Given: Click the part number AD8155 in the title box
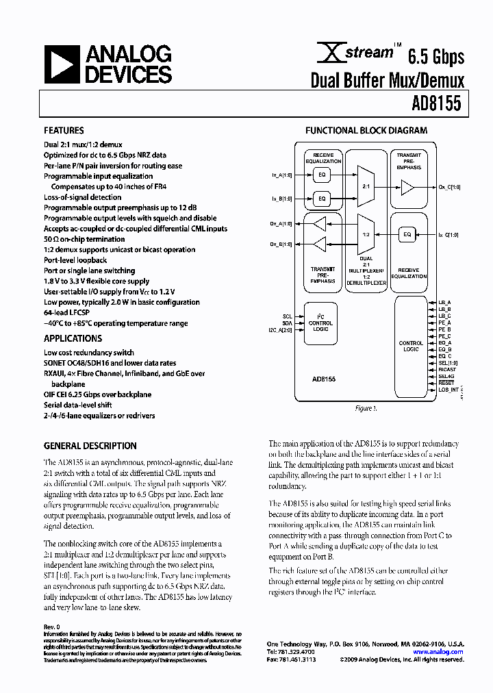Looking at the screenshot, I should (x=436, y=103).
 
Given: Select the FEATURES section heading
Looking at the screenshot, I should (x=64, y=130).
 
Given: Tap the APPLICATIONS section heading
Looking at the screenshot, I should (x=73, y=338).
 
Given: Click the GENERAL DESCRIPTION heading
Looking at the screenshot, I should (x=90, y=445).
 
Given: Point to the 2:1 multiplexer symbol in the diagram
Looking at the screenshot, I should (x=366, y=186).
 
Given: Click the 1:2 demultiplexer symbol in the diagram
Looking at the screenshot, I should (x=366, y=234).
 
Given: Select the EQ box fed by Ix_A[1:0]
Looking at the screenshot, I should (x=320, y=175).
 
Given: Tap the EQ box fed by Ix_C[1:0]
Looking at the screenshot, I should (x=407, y=235).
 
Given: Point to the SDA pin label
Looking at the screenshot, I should (x=288, y=323).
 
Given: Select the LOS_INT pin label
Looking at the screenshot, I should (x=448, y=389).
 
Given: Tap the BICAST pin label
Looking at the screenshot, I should (x=446, y=369).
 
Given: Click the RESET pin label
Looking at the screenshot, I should (x=446, y=383).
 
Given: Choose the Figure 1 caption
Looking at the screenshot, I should (x=366, y=408).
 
